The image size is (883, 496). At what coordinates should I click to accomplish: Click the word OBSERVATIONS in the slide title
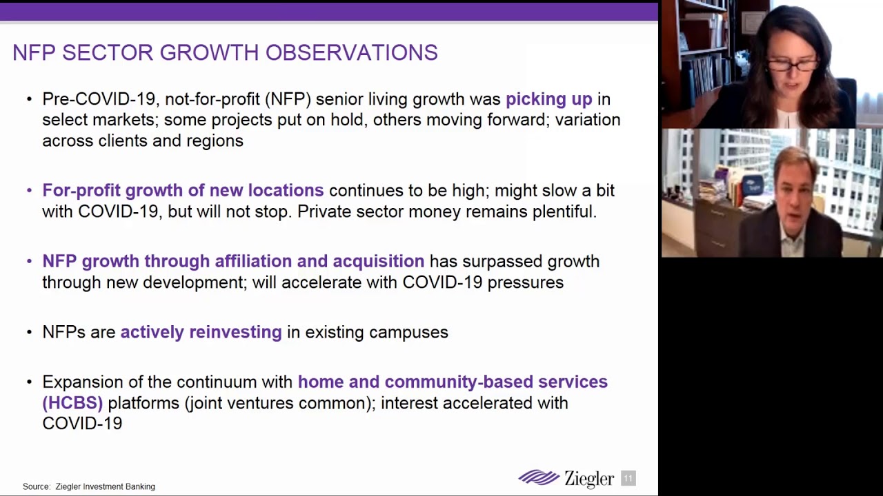click(x=352, y=52)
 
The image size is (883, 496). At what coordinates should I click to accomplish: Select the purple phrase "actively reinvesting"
click(x=201, y=333)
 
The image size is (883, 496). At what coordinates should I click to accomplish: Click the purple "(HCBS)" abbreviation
click(x=72, y=403)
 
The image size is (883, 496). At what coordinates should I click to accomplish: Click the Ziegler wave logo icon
click(x=539, y=477)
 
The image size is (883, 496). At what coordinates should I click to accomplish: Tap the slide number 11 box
click(x=628, y=478)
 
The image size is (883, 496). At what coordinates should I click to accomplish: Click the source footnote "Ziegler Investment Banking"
click(x=106, y=486)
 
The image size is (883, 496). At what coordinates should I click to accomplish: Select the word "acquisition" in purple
click(x=379, y=261)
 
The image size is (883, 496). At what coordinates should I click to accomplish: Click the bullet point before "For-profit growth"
click(x=29, y=191)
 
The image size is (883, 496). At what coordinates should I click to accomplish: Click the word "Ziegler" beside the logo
click(x=589, y=479)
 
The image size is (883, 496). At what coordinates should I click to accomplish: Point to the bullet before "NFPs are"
click(x=29, y=333)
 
